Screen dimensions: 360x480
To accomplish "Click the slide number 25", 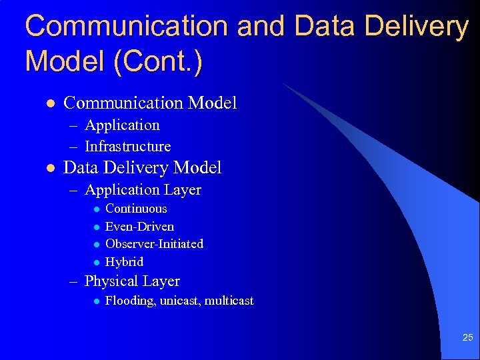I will click(467, 338).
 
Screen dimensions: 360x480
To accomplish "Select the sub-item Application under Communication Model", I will click(122, 125).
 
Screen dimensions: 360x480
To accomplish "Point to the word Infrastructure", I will click(127, 146).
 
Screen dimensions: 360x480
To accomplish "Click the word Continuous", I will click(136, 209).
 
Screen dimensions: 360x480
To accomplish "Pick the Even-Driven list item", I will click(139, 227).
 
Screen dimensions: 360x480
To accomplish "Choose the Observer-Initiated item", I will click(154, 244).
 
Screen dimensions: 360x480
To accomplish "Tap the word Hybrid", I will click(124, 262).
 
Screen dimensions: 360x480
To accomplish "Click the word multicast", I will click(229, 301).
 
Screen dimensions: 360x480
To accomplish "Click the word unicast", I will click(180, 301).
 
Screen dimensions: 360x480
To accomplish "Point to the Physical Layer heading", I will click(132, 281).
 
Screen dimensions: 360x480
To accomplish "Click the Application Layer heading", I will click(143, 190).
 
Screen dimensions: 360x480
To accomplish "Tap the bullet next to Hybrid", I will click(96, 262).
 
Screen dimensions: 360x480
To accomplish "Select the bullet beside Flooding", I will click(96, 301).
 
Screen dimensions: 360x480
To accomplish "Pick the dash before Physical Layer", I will click(75, 281).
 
